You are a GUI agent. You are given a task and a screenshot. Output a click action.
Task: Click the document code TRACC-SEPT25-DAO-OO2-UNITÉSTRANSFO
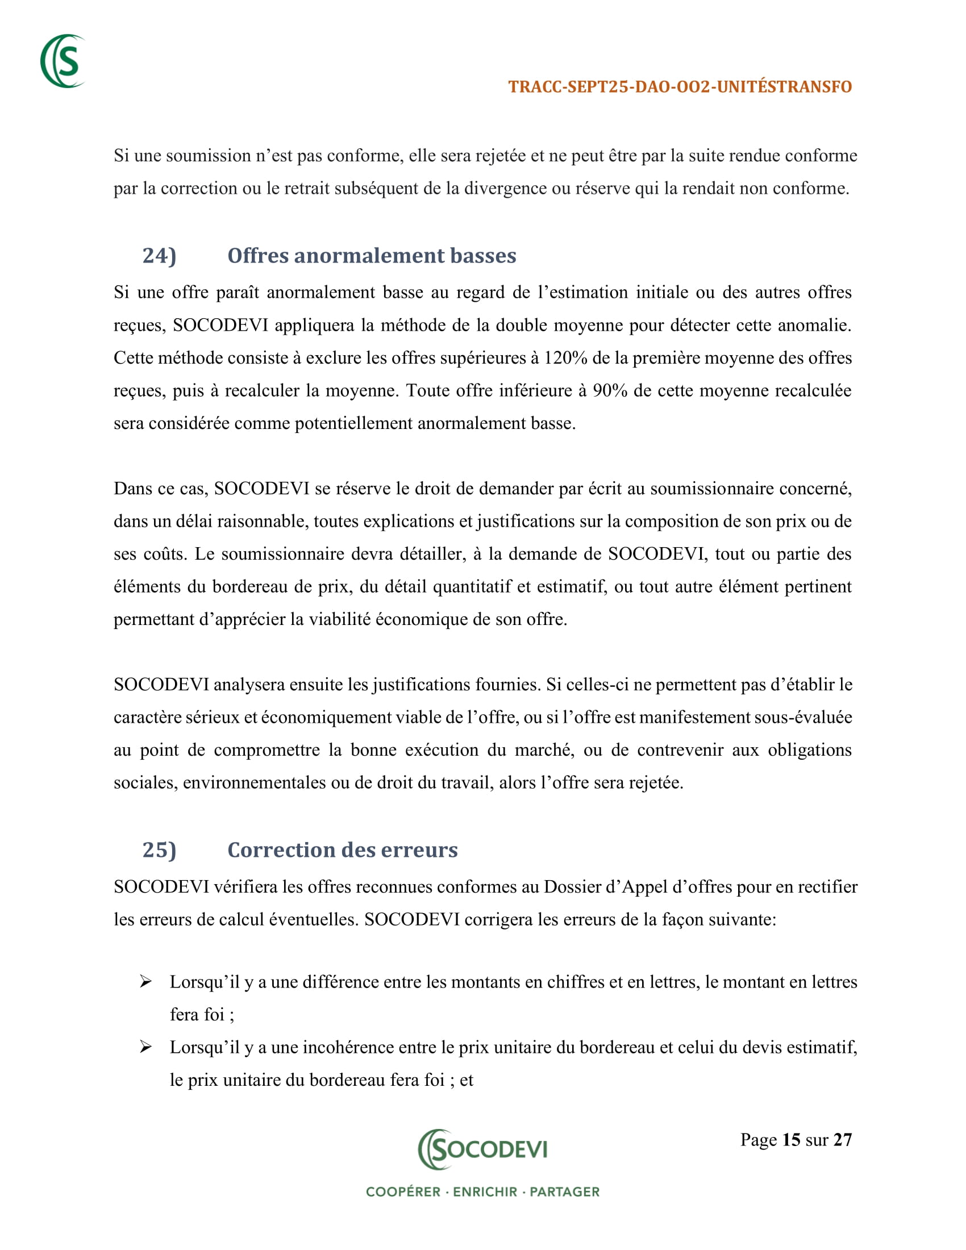[x=680, y=86]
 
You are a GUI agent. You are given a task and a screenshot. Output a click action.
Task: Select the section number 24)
[x=159, y=255]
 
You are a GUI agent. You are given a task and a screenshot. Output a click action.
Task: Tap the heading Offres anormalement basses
[x=372, y=255]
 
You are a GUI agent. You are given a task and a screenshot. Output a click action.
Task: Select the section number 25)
[x=159, y=849]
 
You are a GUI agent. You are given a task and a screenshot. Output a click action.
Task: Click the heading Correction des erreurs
[x=342, y=849]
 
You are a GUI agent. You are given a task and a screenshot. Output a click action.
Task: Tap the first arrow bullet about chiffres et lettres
[x=146, y=982]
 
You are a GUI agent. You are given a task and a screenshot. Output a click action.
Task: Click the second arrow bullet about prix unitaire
[x=146, y=1047]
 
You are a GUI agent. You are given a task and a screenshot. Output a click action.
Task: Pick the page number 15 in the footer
[x=791, y=1140]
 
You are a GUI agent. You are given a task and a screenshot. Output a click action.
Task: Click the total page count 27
[x=842, y=1140]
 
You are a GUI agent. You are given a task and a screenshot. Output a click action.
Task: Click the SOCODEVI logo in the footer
[x=482, y=1149]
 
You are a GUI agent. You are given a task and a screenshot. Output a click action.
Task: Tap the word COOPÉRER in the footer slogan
[x=403, y=1191]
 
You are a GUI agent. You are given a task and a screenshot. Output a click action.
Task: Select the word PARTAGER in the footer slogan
[x=564, y=1191]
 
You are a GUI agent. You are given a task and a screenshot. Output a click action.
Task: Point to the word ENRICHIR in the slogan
[x=485, y=1191]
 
